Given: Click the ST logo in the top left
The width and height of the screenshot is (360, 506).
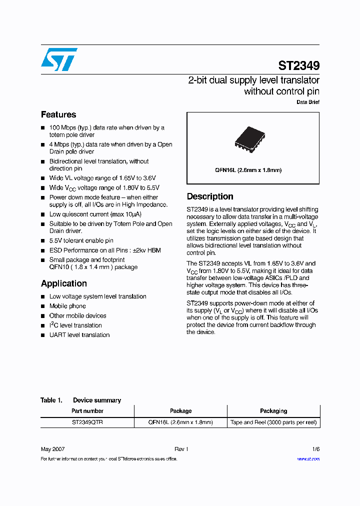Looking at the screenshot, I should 59,59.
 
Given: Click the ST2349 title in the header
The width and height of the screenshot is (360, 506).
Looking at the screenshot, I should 298,65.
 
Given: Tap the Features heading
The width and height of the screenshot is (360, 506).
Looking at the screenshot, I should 58,114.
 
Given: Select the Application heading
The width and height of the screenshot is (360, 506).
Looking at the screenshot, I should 64,283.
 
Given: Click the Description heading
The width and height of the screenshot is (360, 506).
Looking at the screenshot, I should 210,196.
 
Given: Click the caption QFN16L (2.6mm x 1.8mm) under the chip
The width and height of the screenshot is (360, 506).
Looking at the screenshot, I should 248,170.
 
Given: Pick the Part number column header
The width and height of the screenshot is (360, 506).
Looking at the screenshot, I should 87,411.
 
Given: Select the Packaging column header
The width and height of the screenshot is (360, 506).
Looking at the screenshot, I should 273,411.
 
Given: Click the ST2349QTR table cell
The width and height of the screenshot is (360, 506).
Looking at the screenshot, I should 87,422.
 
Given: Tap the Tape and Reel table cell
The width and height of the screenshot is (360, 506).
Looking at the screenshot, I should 273,422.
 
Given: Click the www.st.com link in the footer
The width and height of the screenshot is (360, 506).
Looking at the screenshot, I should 308,459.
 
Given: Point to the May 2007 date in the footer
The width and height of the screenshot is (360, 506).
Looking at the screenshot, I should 52,449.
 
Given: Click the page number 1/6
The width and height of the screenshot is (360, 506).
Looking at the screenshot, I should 315,449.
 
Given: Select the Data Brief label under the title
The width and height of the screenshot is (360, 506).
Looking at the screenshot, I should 308,102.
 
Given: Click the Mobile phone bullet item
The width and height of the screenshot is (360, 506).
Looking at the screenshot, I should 67,306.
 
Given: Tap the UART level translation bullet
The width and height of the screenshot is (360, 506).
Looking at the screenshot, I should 79,335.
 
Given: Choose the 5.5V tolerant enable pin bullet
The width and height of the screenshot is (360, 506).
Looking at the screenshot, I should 81,240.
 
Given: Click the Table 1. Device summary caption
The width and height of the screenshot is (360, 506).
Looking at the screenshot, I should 81,400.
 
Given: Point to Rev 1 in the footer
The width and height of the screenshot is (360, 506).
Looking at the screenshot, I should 181,449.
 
